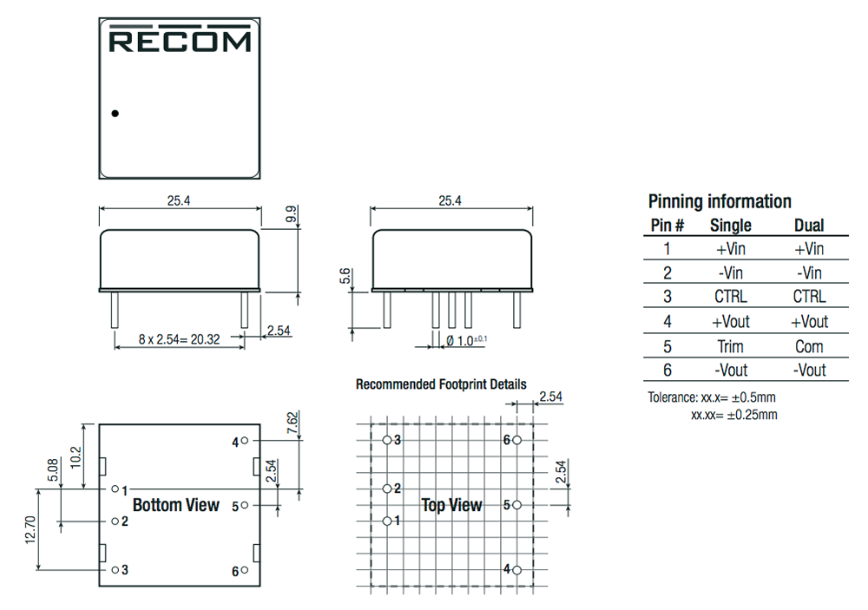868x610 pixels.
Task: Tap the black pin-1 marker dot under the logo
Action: [115, 113]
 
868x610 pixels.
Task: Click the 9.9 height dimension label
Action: [292, 213]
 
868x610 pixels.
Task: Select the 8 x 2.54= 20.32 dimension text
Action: [179, 339]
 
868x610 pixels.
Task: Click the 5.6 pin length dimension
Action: [346, 277]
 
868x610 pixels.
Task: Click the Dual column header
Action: [809, 226]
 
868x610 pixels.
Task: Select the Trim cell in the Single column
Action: [730, 346]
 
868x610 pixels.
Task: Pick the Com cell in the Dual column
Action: [809, 346]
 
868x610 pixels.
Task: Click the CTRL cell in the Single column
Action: [730, 297]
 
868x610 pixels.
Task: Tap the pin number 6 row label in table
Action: [667, 371]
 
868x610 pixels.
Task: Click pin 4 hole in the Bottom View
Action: [246, 441]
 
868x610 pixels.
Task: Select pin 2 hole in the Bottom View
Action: [115, 521]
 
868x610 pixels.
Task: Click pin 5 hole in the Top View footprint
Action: [516, 504]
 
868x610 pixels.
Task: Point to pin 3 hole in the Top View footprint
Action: [387, 441]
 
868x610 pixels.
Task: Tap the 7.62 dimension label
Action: [293, 423]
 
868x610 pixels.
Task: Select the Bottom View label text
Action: [175, 505]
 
